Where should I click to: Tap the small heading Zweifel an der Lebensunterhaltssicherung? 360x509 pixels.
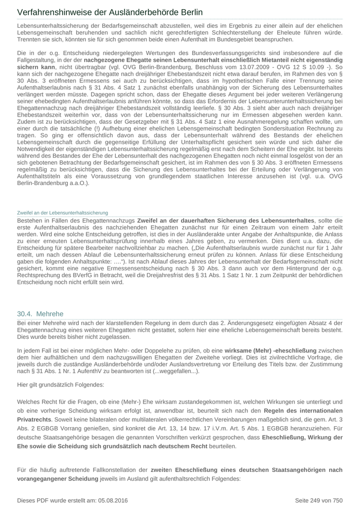click(x=63, y=212)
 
